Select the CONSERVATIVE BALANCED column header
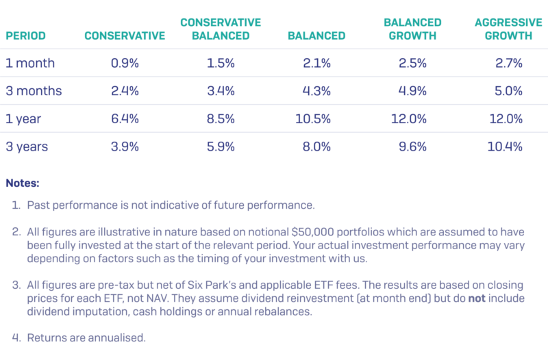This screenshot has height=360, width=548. click(221, 29)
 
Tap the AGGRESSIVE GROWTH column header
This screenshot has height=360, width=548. click(503, 29)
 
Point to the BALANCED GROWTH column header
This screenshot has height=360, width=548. click(412, 29)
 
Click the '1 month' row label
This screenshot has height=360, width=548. click(30, 63)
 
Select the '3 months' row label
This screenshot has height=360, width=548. click(34, 91)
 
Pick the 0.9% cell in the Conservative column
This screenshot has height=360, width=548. click(125, 63)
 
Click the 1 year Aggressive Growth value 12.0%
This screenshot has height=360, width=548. click(508, 119)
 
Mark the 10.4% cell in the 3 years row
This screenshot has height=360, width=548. click(508, 146)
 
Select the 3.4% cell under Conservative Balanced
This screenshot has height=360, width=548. click(221, 91)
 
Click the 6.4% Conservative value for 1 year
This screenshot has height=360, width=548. click(125, 119)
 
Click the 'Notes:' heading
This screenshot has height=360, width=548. click(23, 183)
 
